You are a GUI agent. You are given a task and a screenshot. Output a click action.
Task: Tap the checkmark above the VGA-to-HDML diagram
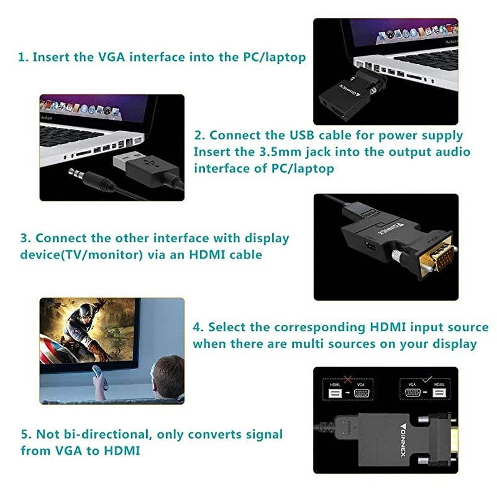coord(426,377)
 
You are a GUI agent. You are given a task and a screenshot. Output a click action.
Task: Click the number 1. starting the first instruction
coord(23,57)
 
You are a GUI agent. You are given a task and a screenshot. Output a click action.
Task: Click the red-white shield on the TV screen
coord(53,349)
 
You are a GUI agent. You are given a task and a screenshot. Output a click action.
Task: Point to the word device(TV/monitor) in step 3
coord(71,254)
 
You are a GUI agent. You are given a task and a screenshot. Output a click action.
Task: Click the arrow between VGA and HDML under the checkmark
coord(426,393)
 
